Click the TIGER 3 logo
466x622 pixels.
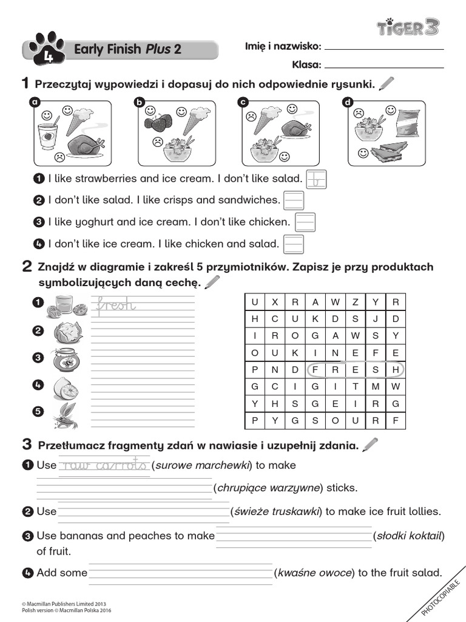(x=408, y=27)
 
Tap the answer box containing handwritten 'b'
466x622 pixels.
(x=316, y=179)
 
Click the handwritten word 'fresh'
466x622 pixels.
(x=116, y=306)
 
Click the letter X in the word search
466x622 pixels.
(x=275, y=302)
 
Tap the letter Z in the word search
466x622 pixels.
(x=356, y=302)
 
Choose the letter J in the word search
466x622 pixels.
(x=376, y=319)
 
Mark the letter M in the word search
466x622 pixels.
(x=376, y=386)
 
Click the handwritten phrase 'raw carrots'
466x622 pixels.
(x=104, y=465)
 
